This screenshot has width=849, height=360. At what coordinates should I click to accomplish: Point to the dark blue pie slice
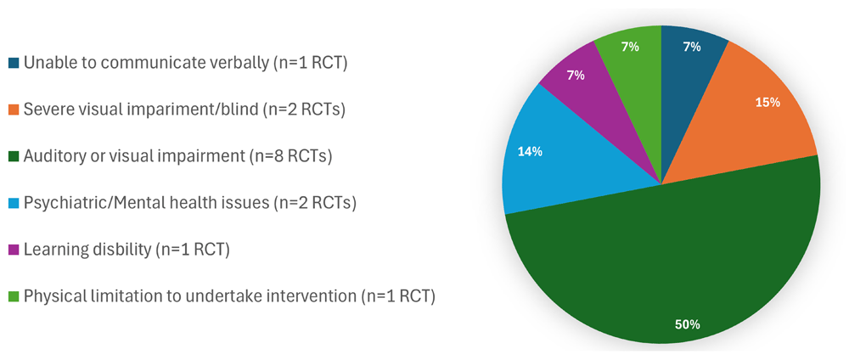[688, 59]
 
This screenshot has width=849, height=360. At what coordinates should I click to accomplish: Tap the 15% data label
[768, 103]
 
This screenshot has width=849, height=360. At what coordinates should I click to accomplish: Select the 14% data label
[530, 152]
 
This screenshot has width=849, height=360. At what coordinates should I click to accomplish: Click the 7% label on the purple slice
[576, 75]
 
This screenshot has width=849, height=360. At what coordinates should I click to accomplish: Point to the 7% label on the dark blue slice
[692, 47]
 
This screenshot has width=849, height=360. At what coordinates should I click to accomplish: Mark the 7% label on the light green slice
[630, 47]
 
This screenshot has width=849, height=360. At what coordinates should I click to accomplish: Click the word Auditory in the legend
[49, 158]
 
